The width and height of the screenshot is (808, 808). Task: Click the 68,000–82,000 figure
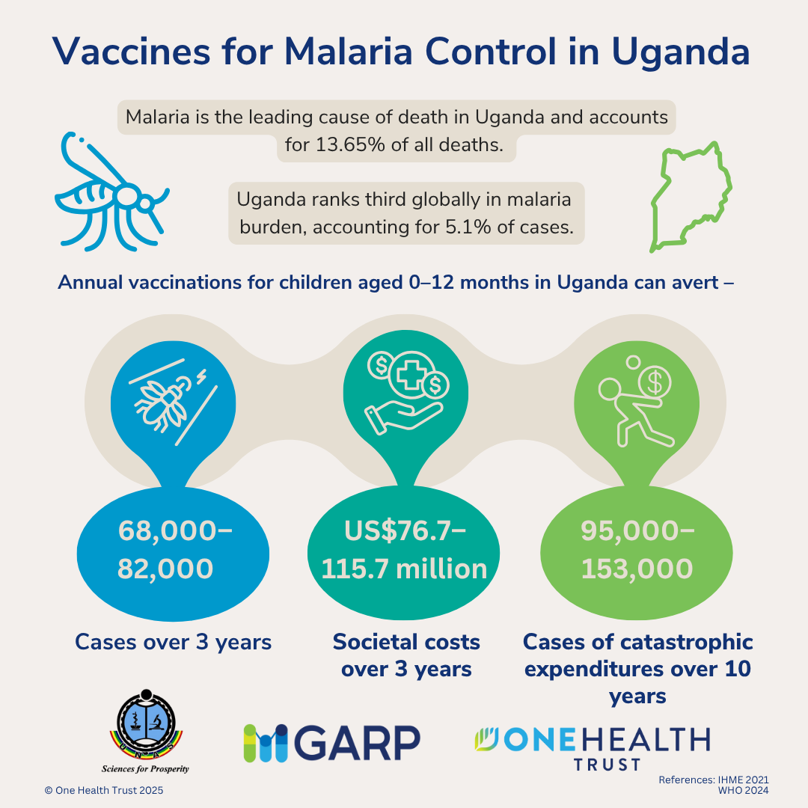(174, 549)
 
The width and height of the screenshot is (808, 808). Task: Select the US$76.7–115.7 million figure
(404, 549)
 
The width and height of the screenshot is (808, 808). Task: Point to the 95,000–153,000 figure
(637, 549)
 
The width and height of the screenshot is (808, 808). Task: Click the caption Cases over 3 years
(173, 642)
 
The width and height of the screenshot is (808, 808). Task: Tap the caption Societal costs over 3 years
(406, 655)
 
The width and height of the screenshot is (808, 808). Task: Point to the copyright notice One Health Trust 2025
(104, 790)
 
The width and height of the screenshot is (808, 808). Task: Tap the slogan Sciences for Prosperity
(145, 768)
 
